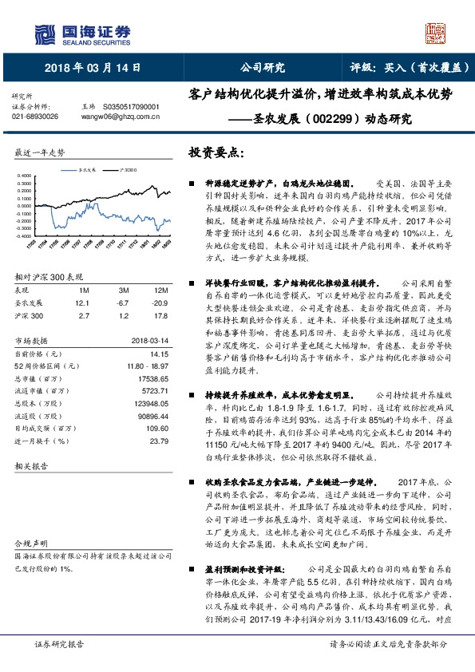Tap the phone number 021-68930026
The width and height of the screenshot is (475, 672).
pyautogui.click(x=35, y=116)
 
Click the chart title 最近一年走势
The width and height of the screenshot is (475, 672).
pyautogui.click(x=39, y=152)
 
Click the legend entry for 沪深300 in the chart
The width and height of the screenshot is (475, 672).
pyautogui.click(x=125, y=170)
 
